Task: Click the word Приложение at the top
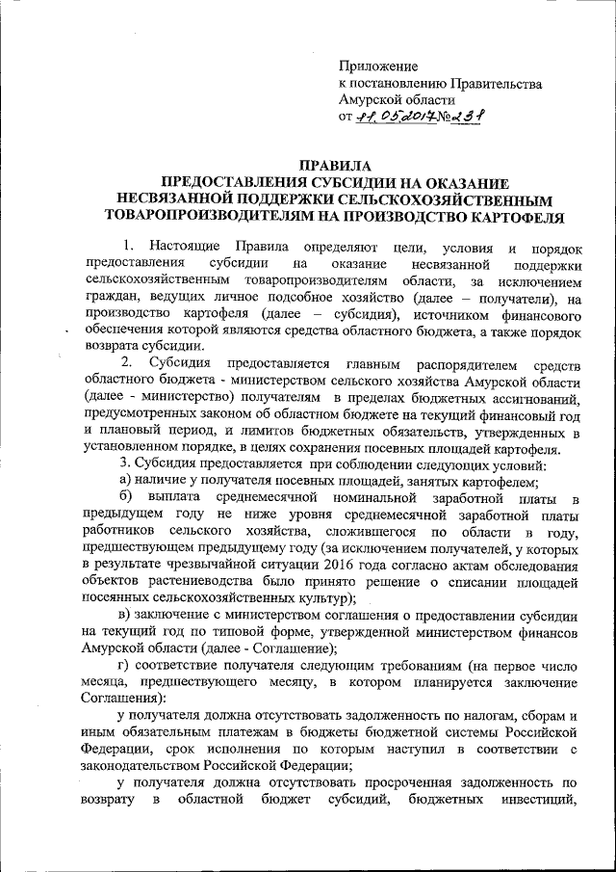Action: pyautogui.click(x=377, y=66)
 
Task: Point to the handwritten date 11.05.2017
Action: pyautogui.click(x=398, y=119)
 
